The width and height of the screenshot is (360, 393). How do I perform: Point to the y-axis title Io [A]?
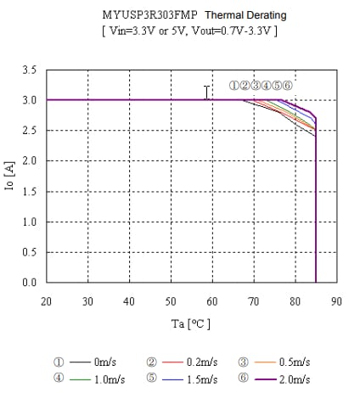pos(10,176)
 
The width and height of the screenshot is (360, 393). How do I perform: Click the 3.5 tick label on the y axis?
pos(30,70)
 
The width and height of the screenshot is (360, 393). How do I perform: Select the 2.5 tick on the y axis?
pos(30,131)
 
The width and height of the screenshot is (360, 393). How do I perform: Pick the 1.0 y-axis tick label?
pos(30,222)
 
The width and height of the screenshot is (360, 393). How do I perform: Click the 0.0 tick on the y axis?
pos(30,283)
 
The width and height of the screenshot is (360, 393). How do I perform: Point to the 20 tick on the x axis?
pos(47,300)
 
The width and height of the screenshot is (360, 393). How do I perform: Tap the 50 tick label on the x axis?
pos(171,300)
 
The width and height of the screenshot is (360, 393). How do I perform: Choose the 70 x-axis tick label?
pos(254,300)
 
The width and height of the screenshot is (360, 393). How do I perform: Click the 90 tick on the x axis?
pos(336,300)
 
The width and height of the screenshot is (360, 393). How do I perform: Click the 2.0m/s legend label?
pos(294,379)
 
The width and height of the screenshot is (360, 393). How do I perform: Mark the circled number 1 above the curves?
pos(233,86)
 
